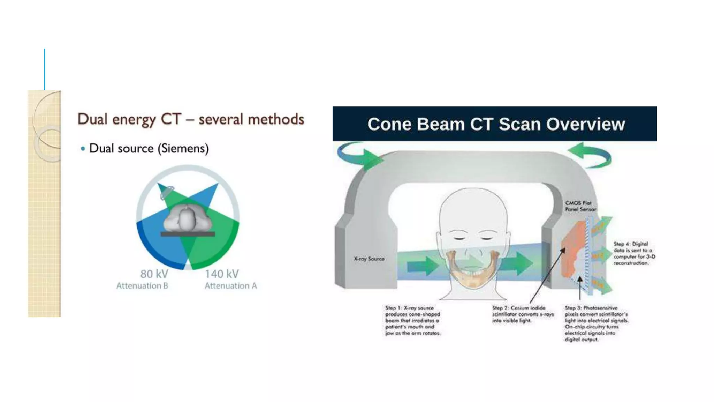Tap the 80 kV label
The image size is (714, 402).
154,274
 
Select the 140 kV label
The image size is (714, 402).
222,274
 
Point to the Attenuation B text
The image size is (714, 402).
142,286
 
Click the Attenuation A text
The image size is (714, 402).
230,286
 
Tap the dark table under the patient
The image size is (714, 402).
188,234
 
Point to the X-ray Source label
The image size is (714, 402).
369,259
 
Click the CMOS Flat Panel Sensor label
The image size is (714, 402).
580,206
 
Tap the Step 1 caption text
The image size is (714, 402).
412,320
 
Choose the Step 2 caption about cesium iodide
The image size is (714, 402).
523,314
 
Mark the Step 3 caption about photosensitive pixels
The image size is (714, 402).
597,323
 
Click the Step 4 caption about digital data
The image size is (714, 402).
634,253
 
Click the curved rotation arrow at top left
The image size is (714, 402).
359,156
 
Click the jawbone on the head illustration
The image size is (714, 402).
473,276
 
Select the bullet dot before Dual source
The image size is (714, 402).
83,149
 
